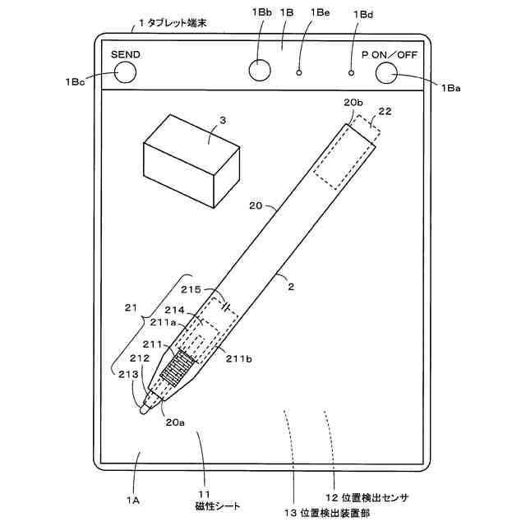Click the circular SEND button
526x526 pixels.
125,73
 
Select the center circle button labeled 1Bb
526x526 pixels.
259,71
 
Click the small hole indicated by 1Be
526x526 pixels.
299,73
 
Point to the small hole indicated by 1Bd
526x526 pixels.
351,73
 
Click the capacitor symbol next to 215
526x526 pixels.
224,303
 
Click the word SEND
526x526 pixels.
126,54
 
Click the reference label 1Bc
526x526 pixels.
75,82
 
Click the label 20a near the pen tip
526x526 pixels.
174,422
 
